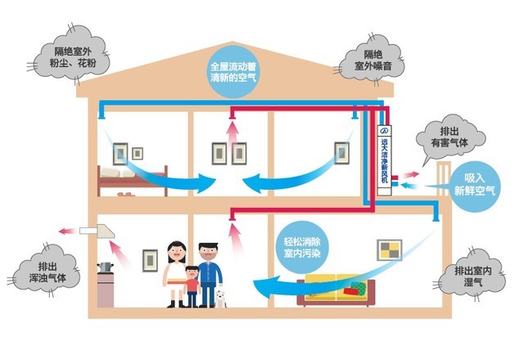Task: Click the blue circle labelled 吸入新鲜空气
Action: [x=476, y=183]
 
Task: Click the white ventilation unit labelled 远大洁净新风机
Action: [x=384, y=159]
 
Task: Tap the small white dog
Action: [x=219, y=295]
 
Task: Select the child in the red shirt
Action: [x=192, y=287]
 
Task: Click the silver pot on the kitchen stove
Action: [x=105, y=268]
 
